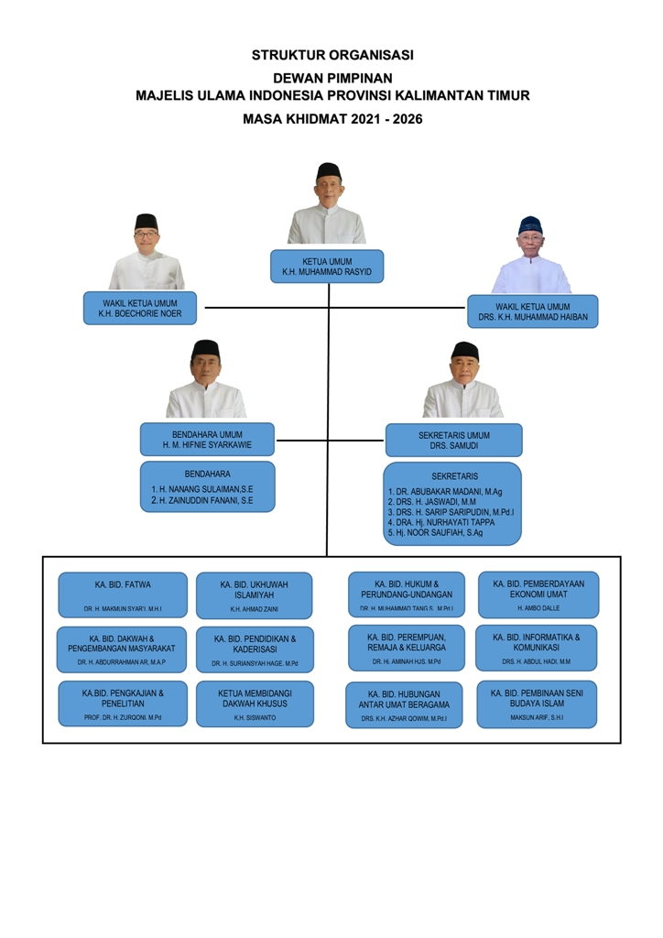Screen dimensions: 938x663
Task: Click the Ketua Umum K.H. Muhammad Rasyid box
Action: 327,266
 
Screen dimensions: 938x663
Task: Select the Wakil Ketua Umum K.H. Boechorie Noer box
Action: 141,308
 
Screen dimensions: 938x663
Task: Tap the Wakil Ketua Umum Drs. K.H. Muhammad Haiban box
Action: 532,311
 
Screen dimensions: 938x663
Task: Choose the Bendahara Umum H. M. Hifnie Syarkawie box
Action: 207,439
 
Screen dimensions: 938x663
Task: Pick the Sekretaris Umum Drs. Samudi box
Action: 453,440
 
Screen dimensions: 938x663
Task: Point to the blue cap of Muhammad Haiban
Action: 530,224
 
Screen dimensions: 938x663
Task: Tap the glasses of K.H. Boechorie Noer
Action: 146,235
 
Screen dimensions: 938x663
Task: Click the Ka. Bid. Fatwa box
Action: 123,594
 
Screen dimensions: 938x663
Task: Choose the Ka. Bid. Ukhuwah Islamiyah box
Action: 254,594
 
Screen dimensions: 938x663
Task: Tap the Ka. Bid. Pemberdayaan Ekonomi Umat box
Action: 538,594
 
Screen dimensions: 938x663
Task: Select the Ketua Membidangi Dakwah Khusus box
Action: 254,703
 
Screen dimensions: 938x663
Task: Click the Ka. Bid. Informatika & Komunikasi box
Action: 536,648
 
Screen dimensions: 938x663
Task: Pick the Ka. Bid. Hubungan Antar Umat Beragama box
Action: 404,704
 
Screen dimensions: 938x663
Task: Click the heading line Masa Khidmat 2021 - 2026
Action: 331,119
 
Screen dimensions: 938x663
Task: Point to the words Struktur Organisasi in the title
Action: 331,55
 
